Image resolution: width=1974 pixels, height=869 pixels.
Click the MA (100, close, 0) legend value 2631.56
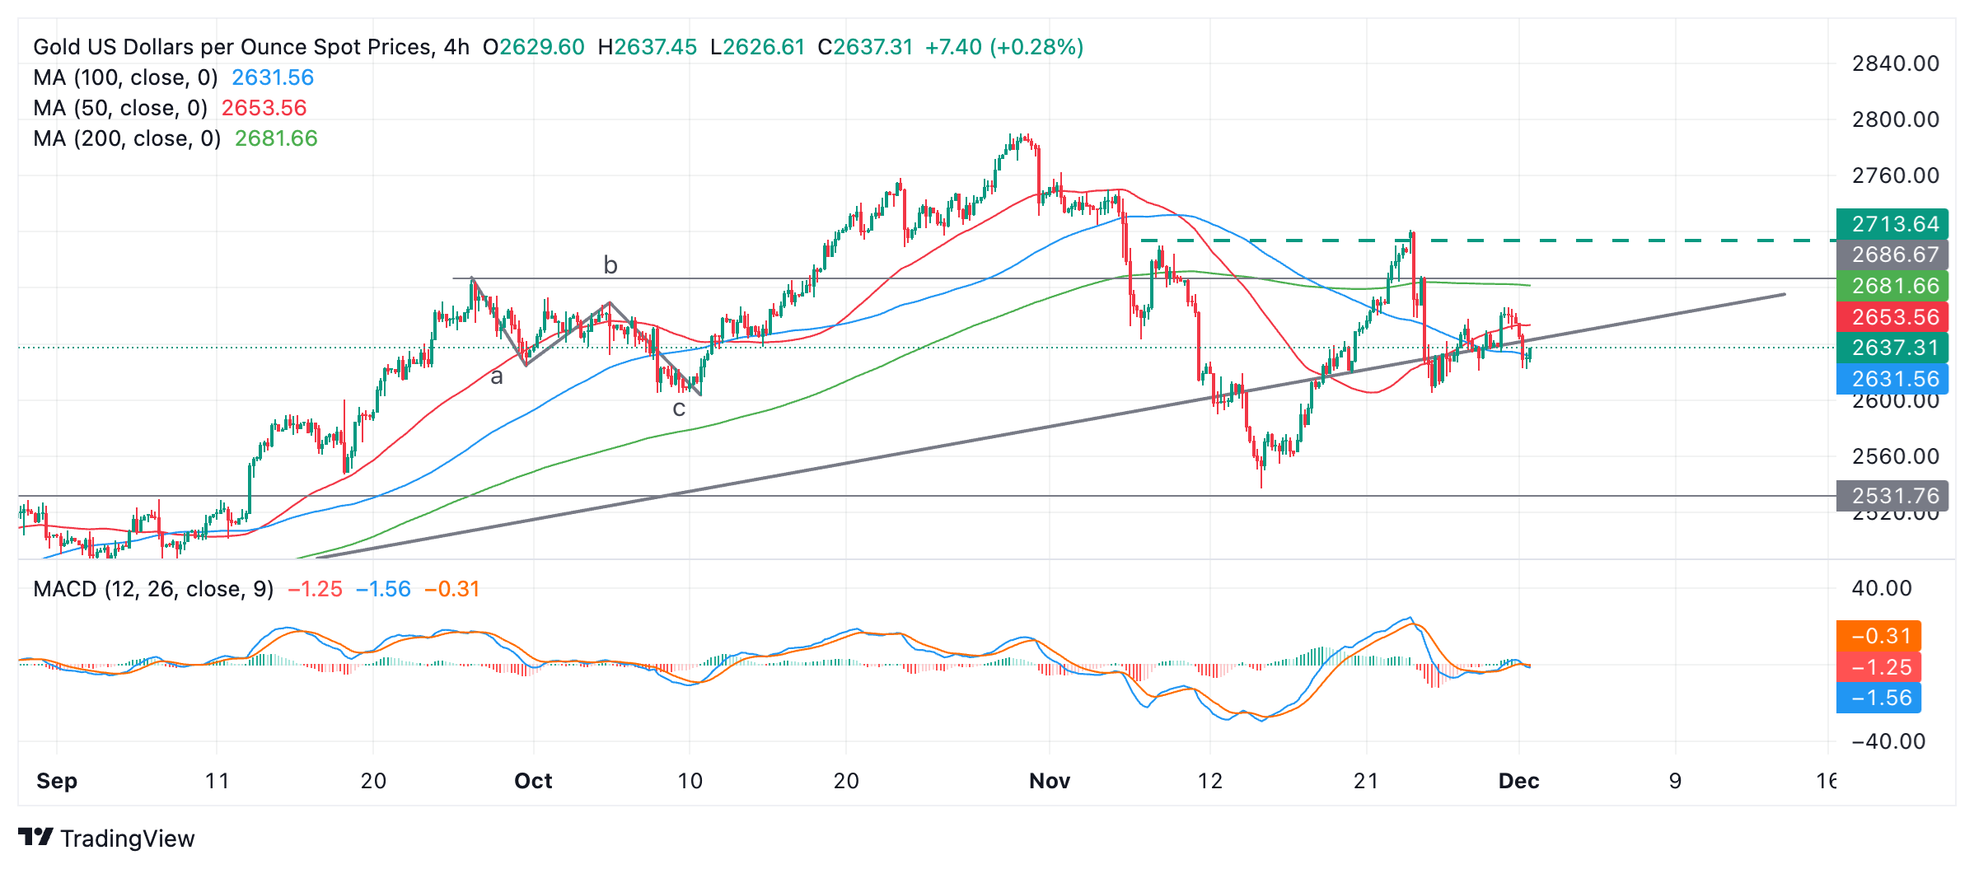272,77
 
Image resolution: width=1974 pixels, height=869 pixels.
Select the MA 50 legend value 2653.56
264,108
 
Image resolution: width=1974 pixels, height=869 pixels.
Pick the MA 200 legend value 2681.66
276,138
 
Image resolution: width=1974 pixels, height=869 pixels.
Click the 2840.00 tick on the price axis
1895,63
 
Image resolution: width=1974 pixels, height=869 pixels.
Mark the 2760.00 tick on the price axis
1895,175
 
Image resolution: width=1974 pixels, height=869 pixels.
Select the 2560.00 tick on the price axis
1895,456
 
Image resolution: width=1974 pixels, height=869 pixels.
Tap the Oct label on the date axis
533,781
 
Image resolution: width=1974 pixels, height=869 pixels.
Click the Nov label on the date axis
1049,781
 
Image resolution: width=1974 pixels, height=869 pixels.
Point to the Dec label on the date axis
1518,781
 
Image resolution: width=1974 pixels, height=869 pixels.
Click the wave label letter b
610,265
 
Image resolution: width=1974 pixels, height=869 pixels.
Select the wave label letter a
497,377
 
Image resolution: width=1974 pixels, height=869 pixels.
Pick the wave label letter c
679,409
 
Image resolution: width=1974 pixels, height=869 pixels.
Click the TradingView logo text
127,839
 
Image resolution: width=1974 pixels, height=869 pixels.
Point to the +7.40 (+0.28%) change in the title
1003,47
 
